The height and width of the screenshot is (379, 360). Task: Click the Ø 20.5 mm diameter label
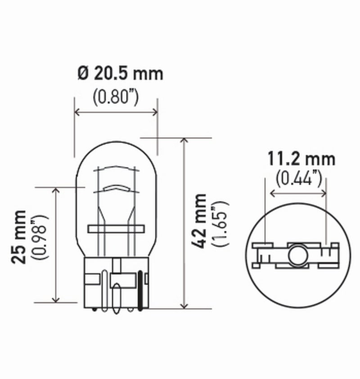(x=120, y=73)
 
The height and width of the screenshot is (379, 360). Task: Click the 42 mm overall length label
(x=198, y=221)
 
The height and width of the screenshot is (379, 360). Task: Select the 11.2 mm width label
(x=301, y=159)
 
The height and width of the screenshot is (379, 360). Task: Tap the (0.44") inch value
(x=299, y=179)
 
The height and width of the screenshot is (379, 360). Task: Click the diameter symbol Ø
(x=83, y=73)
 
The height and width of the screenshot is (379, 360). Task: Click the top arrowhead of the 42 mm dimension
(x=184, y=141)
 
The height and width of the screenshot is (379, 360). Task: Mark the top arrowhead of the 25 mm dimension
(x=56, y=191)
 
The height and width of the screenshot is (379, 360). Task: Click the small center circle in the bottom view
(x=296, y=254)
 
